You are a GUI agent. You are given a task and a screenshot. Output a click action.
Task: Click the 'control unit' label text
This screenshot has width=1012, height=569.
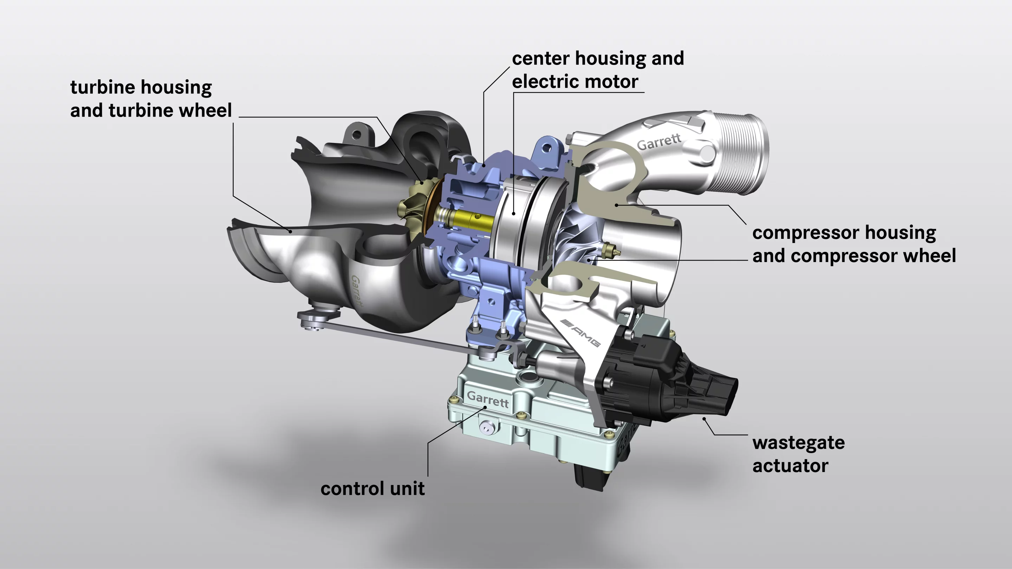pyautogui.click(x=372, y=489)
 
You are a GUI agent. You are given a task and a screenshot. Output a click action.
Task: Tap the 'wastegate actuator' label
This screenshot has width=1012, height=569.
pyautogui.click(x=798, y=454)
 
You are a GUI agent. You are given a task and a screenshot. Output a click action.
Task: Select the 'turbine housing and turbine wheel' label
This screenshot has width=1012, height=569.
pyautogui.click(x=151, y=99)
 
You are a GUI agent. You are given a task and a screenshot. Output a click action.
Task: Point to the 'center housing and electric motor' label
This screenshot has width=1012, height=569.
pyautogui.click(x=597, y=70)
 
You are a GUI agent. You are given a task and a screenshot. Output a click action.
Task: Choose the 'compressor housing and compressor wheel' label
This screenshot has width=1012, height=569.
pyautogui.click(x=854, y=244)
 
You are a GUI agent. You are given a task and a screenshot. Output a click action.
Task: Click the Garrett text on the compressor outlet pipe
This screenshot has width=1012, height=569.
pyautogui.click(x=659, y=142)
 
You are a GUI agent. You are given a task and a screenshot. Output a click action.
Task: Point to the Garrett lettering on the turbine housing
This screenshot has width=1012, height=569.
pyautogui.click(x=356, y=291)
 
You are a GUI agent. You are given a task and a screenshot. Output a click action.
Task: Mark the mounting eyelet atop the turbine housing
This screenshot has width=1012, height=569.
pyautogui.click(x=356, y=135)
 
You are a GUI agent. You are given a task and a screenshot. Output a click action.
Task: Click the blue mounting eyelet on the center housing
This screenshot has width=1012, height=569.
pyautogui.click(x=546, y=149)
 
